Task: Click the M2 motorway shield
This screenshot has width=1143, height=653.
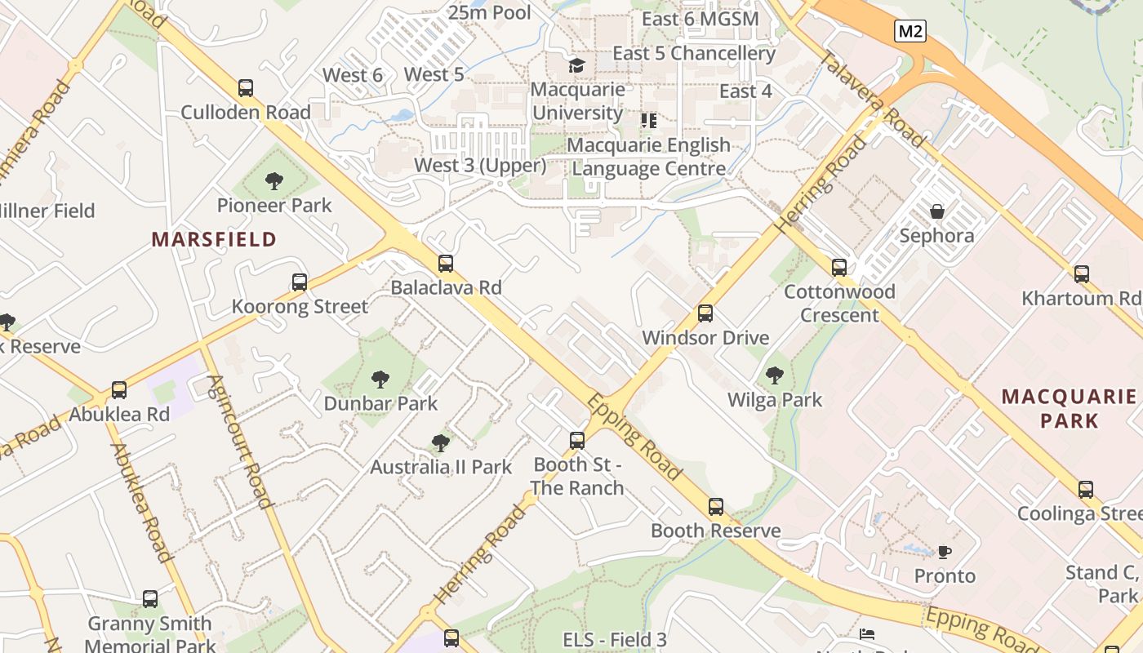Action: [910, 32]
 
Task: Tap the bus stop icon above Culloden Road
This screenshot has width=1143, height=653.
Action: [245, 88]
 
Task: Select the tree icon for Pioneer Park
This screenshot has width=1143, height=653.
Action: [274, 181]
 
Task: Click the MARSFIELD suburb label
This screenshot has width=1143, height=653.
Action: [214, 239]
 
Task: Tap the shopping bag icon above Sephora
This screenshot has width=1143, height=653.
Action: [936, 211]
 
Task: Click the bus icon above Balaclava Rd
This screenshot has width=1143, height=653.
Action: [445, 264]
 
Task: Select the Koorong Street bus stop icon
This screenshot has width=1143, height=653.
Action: [300, 282]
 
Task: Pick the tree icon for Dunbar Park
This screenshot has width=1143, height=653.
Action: [380, 379]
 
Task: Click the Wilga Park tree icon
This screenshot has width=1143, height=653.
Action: [774, 375]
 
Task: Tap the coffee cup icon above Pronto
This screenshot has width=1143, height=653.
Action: [944, 552]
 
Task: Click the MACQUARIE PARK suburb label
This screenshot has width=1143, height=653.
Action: [1069, 409]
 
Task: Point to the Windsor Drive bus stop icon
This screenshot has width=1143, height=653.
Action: [705, 313]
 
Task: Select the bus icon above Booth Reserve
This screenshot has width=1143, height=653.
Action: [715, 507]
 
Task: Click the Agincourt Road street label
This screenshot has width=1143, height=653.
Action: [240, 441]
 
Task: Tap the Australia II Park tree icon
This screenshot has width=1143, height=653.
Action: [440, 443]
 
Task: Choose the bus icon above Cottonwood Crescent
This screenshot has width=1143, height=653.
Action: [838, 268]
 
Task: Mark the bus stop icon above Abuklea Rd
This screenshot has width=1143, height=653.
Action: [119, 390]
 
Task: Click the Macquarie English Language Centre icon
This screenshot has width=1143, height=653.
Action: [649, 121]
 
